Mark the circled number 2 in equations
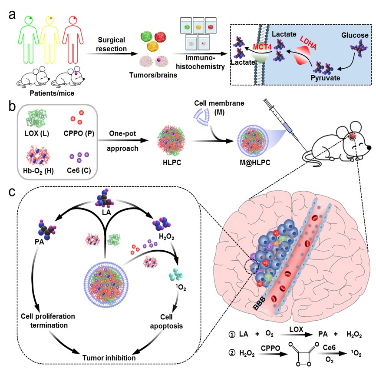[x=234, y=351]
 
